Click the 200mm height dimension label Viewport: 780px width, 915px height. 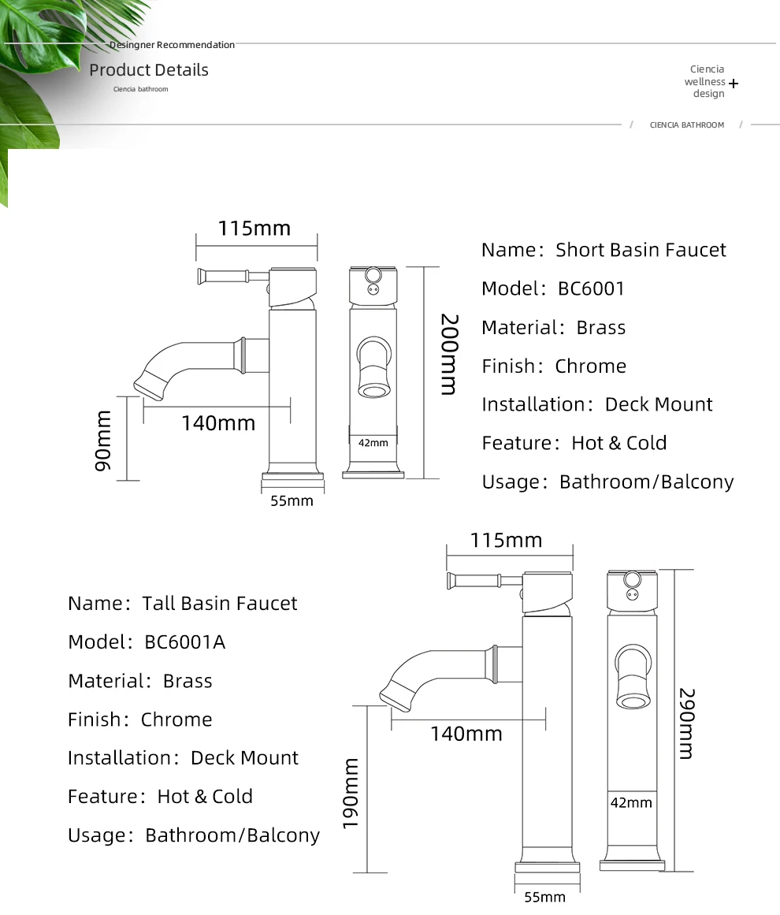coord(448,355)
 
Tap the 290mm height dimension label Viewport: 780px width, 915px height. coord(685,723)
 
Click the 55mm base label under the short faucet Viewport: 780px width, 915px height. coord(292,501)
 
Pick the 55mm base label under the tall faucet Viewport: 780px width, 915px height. coord(544,897)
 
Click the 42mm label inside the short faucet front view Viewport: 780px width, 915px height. coord(373,443)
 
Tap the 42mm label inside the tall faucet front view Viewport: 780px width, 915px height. coord(631,803)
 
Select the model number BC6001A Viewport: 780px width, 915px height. coord(185,642)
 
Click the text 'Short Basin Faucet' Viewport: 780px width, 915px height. coord(641,250)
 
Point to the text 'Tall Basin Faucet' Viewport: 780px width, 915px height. coord(220,604)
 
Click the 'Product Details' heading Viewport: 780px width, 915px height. coord(149,70)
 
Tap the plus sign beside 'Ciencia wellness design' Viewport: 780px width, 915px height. coord(734,83)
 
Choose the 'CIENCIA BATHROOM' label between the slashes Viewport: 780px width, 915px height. coord(686,125)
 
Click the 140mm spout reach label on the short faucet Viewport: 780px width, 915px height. coord(218,423)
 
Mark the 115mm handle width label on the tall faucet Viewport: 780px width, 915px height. coord(506,541)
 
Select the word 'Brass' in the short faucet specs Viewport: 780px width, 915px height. coord(601,328)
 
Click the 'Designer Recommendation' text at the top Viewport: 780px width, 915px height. coord(172,45)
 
